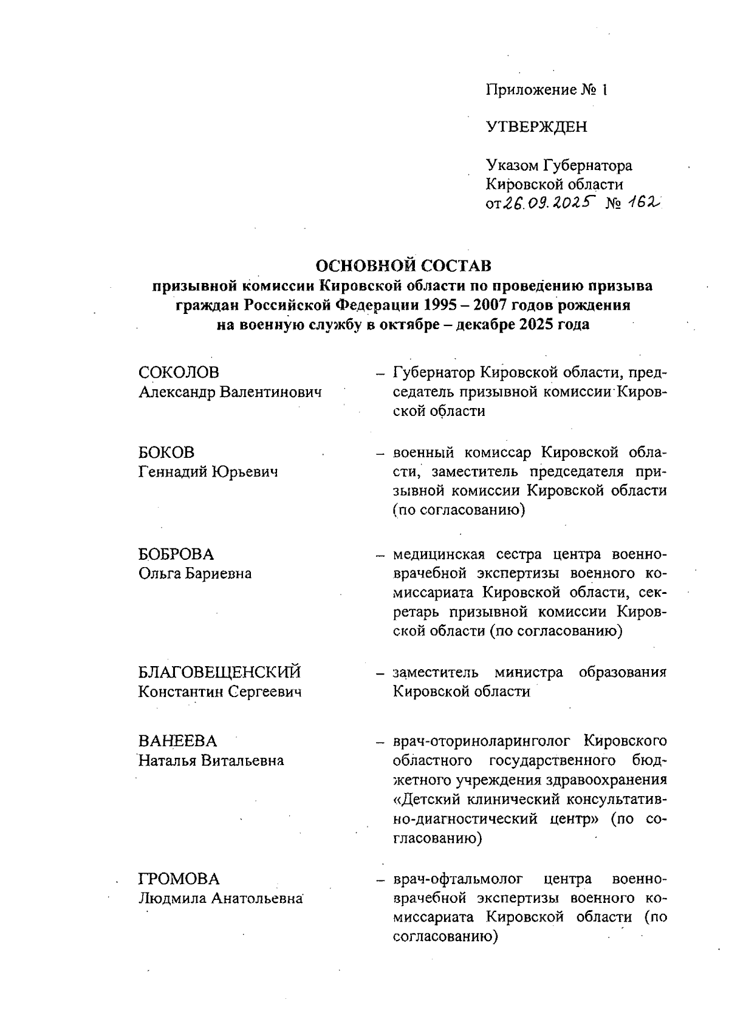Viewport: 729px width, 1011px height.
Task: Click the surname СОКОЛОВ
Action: coord(179,372)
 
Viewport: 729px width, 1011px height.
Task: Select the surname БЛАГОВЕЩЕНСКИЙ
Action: coord(220,672)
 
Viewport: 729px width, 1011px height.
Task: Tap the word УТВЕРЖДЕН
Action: coord(536,127)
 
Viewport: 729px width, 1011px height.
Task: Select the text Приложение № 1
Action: coord(546,90)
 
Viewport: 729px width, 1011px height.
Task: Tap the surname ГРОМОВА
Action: coord(179,879)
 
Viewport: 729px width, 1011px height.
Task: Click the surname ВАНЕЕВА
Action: coord(177,741)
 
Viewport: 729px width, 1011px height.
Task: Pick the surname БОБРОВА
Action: coord(176,554)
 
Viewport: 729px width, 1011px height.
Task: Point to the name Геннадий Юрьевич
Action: coord(208,472)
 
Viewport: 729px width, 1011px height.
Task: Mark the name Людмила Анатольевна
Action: coord(221,898)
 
